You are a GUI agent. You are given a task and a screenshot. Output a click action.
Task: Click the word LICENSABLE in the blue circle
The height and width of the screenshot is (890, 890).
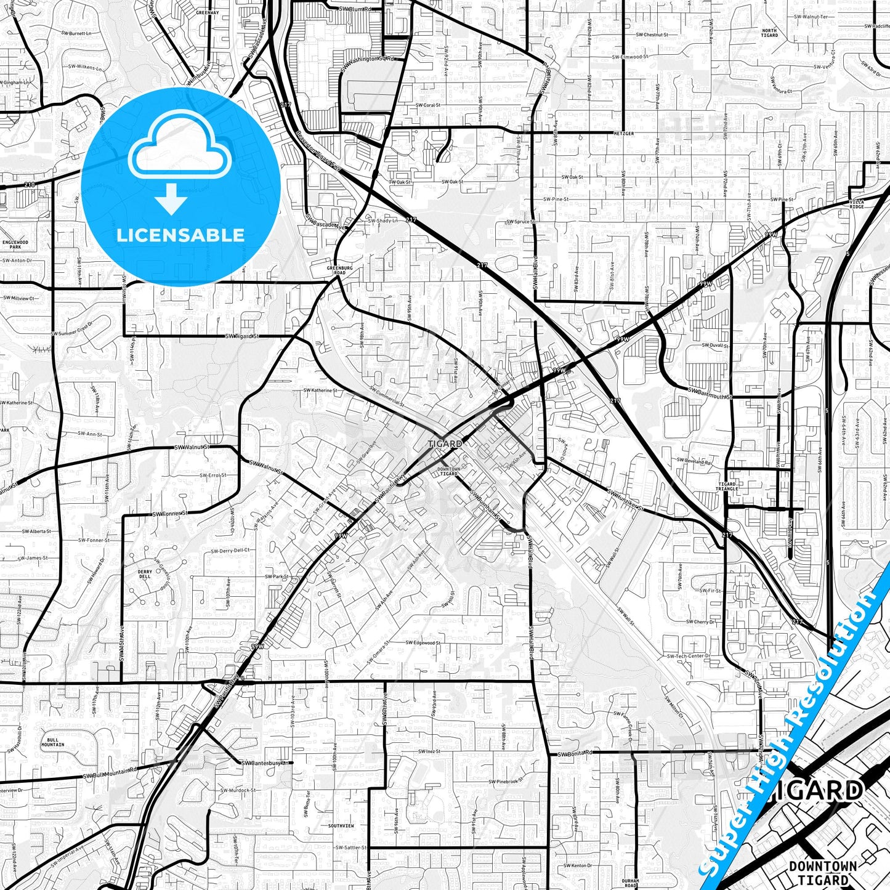pos(180,235)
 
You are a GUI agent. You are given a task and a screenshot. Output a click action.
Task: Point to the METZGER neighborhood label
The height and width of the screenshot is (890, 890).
pos(623,133)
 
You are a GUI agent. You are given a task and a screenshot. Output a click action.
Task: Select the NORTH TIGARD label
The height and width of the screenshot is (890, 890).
pos(769,33)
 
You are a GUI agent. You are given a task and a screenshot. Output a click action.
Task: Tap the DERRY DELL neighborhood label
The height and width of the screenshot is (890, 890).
pos(145,575)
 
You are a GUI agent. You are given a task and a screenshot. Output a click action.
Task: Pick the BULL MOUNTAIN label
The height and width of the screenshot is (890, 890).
pos(52,742)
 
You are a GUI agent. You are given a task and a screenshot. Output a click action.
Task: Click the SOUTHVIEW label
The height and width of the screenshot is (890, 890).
pos(341,825)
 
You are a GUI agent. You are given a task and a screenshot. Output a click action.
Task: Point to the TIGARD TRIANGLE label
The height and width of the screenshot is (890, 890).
pos(727,487)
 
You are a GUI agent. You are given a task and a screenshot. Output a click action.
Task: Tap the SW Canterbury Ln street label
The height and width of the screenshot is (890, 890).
pos(267,763)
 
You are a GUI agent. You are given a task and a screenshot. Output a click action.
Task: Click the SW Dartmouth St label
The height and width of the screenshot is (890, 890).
pos(709,393)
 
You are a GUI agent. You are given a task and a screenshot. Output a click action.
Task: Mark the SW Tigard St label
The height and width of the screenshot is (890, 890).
pos(243,336)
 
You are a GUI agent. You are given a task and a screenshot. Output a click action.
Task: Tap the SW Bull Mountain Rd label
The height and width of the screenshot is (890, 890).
pos(111,773)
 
